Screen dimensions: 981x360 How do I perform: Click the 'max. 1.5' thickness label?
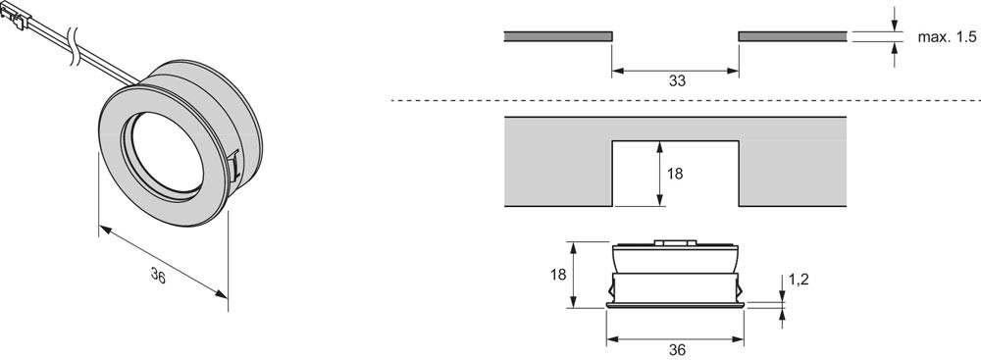947,37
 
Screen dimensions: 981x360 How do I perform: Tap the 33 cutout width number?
677,80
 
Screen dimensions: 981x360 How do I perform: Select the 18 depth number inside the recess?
675,174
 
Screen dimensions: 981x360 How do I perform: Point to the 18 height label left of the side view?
559,275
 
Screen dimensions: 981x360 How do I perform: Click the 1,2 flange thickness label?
799,280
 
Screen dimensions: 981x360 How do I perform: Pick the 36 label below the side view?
677,350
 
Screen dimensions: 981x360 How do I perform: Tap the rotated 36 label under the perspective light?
158,276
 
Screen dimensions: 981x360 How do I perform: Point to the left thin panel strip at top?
558,36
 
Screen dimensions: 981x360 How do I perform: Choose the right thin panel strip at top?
793,36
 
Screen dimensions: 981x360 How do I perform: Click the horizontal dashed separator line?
686,100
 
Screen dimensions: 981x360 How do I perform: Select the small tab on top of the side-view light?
675,242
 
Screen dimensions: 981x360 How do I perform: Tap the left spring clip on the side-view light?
610,289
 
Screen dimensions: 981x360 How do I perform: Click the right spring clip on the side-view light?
740,289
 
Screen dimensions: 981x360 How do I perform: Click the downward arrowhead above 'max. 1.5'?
895,26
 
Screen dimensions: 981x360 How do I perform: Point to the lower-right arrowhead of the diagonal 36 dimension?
222,294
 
